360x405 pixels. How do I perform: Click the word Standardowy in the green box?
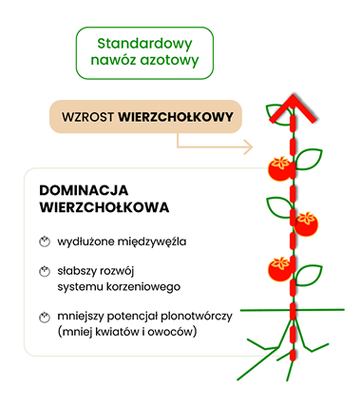point(144,45)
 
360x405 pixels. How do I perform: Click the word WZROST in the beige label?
point(87,117)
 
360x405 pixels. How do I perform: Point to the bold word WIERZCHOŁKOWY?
point(176,117)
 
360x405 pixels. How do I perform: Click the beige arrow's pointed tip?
point(253,147)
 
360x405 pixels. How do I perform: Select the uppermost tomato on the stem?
point(280,169)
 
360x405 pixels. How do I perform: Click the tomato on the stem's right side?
point(306,224)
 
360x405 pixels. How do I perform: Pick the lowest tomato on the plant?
point(280,269)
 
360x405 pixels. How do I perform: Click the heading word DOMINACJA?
point(84,190)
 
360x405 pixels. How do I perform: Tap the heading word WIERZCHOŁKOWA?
point(104,208)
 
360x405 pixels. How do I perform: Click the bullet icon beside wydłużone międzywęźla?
point(45,241)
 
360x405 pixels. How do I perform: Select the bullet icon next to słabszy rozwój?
point(45,272)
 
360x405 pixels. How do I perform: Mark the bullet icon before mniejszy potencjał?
point(45,318)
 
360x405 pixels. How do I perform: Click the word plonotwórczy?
point(197,317)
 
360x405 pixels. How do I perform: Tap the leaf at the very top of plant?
point(278,114)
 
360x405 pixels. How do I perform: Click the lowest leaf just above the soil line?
point(308,275)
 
